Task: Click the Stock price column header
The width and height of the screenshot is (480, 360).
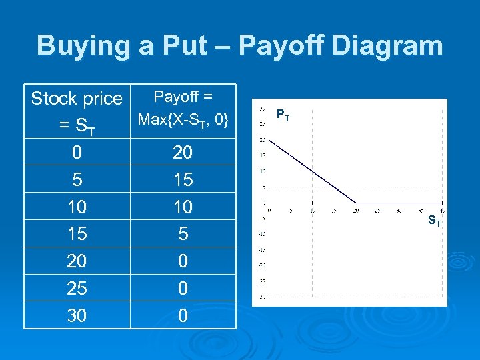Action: click(x=77, y=99)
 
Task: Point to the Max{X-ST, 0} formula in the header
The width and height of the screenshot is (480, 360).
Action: click(x=183, y=121)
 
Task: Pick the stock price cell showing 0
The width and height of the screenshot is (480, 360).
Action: click(x=77, y=153)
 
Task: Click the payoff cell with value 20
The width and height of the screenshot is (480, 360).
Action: click(x=183, y=153)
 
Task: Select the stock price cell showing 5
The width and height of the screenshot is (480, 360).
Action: click(x=77, y=180)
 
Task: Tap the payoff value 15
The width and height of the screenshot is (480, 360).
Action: click(x=183, y=180)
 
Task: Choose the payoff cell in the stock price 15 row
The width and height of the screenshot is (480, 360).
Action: click(x=183, y=234)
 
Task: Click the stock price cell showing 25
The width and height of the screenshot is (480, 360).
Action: click(x=77, y=288)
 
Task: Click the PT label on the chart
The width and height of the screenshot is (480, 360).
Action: click(x=283, y=115)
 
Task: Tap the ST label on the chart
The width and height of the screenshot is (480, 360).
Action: click(x=433, y=219)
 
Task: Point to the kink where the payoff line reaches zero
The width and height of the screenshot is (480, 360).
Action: click(x=355, y=202)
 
